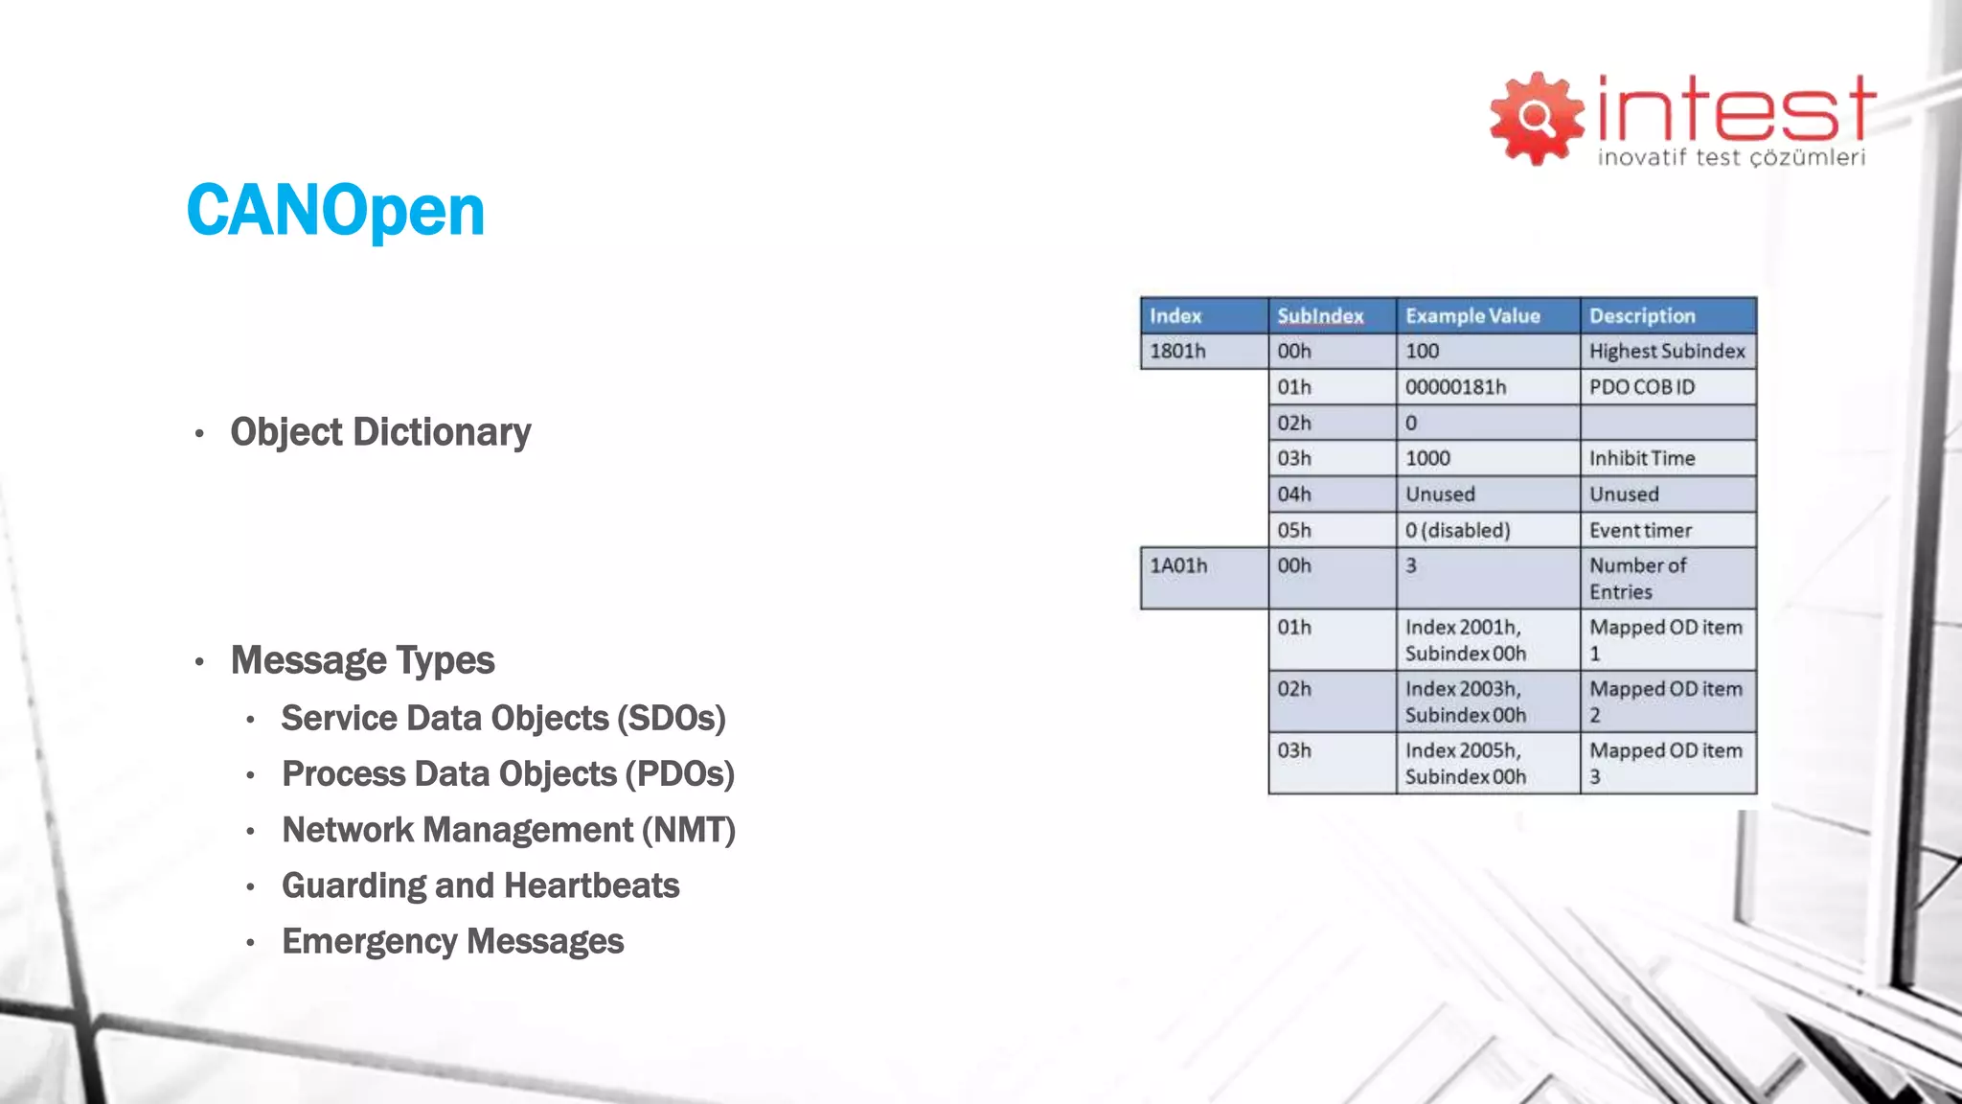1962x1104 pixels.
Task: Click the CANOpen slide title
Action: click(335, 211)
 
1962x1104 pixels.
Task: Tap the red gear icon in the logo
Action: click(1537, 118)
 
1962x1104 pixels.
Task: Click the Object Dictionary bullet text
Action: click(380, 432)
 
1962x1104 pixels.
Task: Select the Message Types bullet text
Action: click(362, 660)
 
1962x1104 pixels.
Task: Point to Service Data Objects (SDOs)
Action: click(503, 718)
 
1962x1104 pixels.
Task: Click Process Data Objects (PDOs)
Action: click(508, 774)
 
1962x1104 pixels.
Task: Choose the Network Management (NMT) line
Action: click(508, 830)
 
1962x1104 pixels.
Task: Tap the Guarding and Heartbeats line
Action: click(480, 885)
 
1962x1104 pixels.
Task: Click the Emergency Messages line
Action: click(452, 941)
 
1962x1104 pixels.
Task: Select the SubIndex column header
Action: click(1320, 315)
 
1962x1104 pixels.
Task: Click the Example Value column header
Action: click(1472, 315)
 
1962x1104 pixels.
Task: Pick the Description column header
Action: click(1642, 315)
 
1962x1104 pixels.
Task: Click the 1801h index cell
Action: click(1178, 351)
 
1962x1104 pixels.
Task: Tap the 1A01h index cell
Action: click(1178, 566)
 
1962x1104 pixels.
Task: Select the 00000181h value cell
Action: click(1455, 387)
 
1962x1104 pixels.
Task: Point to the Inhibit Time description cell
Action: click(1642, 458)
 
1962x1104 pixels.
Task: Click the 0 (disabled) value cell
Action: click(1457, 530)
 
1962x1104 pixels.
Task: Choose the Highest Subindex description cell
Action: click(1667, 351)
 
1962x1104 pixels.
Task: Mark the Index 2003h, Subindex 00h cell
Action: click(1466, 701)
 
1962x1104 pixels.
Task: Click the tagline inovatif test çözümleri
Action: click(1731, 157)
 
